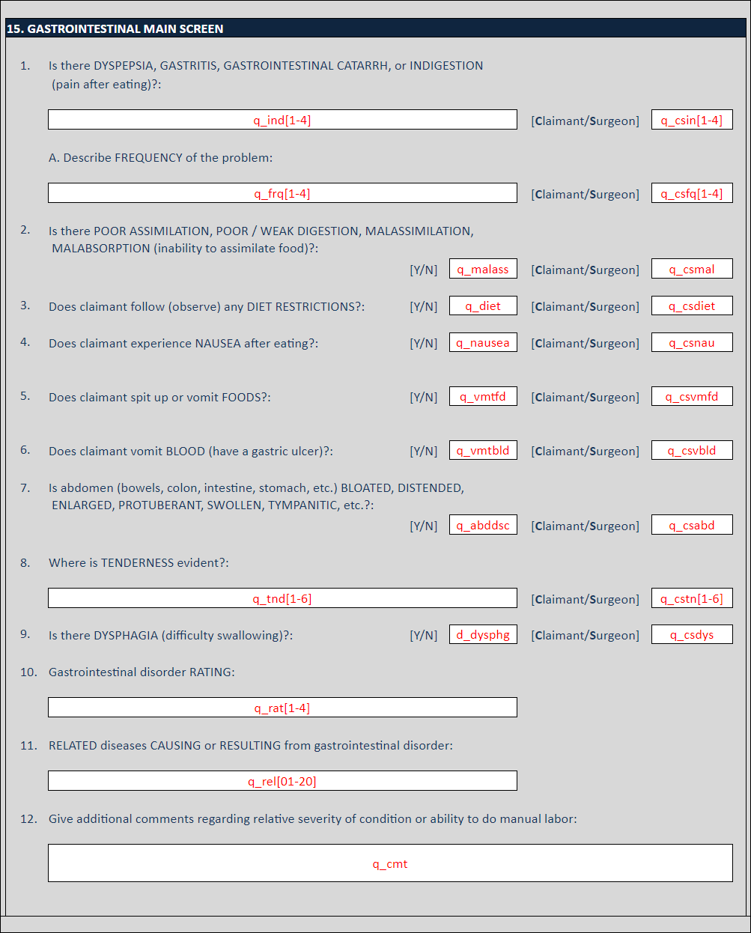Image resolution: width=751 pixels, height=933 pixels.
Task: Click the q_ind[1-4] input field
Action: click(282, 120)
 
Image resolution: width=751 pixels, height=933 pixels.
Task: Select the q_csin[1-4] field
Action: click(692, 120)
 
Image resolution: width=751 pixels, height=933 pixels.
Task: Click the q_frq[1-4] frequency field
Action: click(282, 193)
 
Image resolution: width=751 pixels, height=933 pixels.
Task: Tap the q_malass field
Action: click(483, 269)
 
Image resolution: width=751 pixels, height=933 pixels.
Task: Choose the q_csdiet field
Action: click(692, 306)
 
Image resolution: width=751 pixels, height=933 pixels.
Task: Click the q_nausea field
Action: click(483, 342)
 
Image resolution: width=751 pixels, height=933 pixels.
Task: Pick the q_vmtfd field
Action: click(483, 396)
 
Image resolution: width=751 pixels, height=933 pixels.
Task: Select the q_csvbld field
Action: click(692, 450)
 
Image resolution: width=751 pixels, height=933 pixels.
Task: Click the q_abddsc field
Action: click(483, 525)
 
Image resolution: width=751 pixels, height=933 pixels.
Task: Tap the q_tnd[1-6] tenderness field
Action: click(282, 598)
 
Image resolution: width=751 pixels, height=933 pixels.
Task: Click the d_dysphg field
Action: click(483, 634)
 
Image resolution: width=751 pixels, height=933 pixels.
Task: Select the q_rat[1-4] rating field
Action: click(282, 708)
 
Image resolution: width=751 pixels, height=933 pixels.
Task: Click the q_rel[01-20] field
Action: click(282, 781)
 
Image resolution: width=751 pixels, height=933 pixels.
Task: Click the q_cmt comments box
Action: click(390, 863)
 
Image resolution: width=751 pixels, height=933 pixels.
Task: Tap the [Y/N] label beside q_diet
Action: click(423, 306)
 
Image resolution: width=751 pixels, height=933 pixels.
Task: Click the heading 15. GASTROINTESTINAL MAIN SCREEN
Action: click(115, 29)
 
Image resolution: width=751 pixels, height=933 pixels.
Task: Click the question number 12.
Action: click(28, 819)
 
